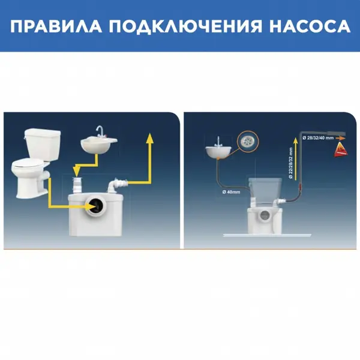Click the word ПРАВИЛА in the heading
[x=56, y=26]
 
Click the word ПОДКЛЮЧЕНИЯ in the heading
[x=185, y=26]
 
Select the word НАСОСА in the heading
[x=310, y=26]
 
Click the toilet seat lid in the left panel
[x=28, y=164]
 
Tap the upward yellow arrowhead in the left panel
[x=149, y=138]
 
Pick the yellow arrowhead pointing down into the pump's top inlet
[x=76, y=171]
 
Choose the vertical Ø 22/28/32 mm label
[x=291, y=163]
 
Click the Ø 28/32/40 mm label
[x=318, y=138]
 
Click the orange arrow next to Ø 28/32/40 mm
[x=340, y=138]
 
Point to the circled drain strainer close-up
[x=248, y=142]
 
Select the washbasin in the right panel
[x=218, y=152]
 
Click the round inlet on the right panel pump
[x=265, y=215]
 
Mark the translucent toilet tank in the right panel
[x=265, y=191]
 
